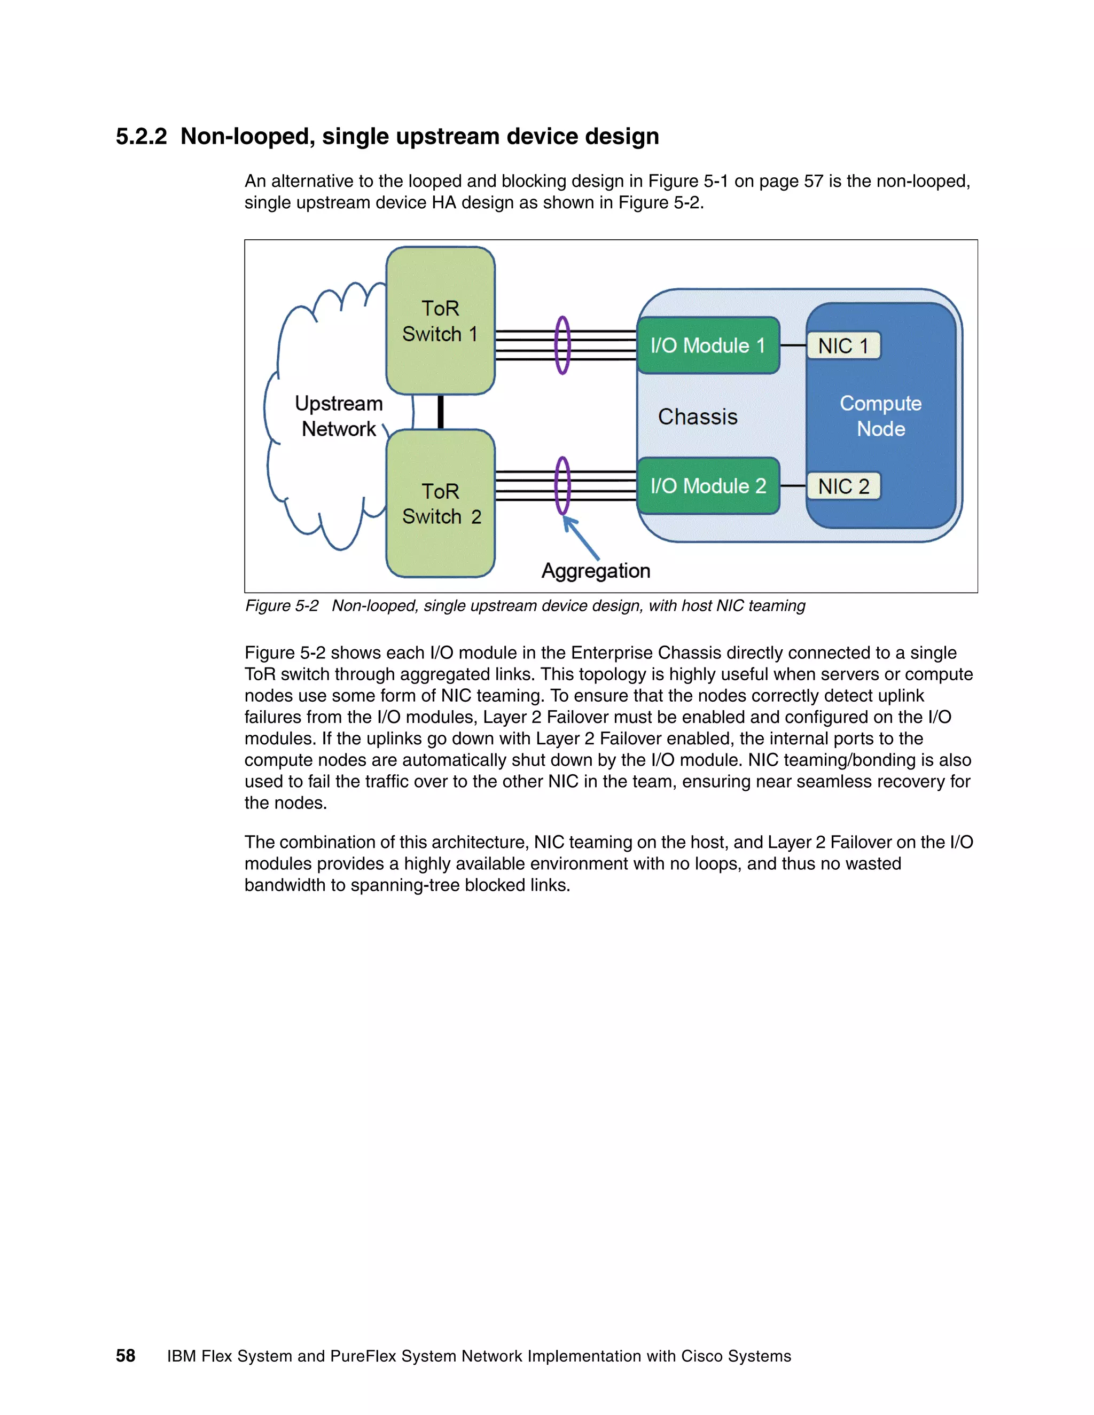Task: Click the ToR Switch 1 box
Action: tap(440, 321)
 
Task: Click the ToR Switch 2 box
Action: tap(440, 504)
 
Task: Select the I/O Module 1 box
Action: tap(708, 345)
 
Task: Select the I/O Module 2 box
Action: tap(708, 486)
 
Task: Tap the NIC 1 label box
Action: tap(843, 346)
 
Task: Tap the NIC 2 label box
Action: tap(843, 486)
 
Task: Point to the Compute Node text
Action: tap(880, 416)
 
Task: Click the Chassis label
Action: tap(697, 416)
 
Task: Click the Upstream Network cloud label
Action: tap(338, 416)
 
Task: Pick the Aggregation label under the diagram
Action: tap(596, 571)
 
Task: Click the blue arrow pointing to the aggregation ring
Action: tap(581, 538)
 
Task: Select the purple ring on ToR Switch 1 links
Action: tap(562, 345)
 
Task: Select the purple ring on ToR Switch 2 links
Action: tap(562, 486)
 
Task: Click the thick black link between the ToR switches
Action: tap(441, 412)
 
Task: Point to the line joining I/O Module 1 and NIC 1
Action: tap(793, 346)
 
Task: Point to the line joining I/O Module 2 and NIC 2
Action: tap(793, 486)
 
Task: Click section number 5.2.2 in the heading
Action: tap(141, 137)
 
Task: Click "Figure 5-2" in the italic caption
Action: tap(282, 606)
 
